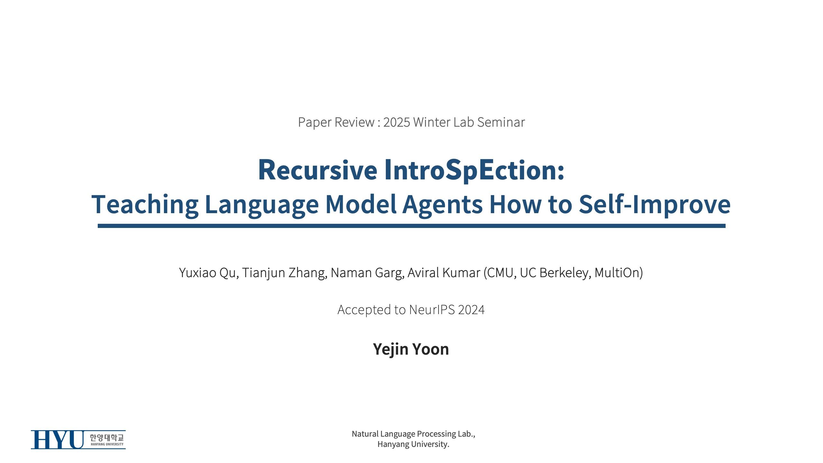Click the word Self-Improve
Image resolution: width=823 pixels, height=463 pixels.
[655, 204]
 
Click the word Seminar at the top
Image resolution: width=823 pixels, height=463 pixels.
[501, 122]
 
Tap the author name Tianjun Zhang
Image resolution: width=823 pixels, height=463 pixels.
[285, 273]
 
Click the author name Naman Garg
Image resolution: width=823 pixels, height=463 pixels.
[367, 273]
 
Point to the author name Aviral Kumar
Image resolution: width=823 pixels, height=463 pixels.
[444, 273]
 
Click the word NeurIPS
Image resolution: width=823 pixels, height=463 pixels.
[432, 310]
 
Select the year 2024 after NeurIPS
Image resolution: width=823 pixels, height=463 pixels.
[471, 310]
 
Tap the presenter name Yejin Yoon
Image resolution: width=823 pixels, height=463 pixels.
[411, 349]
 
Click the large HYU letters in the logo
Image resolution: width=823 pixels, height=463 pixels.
[57, 440]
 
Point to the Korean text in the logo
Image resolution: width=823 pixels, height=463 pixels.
[107, 437]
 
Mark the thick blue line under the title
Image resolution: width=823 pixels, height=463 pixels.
[411, 226]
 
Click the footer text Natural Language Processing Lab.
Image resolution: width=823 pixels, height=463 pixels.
[413, 434]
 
